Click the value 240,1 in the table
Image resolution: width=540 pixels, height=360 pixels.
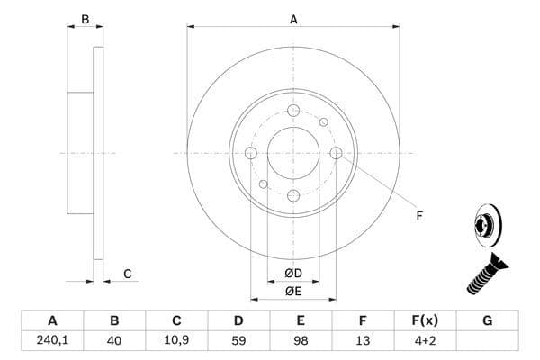52,340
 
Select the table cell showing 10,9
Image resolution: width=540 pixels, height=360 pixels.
176,340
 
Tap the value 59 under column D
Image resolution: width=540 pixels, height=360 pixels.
238,340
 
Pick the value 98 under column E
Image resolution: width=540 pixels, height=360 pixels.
301,340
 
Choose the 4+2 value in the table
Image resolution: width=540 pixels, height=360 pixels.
425,340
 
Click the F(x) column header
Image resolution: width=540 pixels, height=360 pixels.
425,320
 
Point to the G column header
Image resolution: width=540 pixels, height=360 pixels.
487,320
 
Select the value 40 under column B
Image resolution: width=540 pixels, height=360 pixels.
114,340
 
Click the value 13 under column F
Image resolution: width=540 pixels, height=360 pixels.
363,340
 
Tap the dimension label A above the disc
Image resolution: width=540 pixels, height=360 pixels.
293,19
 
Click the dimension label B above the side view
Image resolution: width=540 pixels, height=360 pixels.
85,19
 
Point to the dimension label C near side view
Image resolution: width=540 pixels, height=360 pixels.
128,274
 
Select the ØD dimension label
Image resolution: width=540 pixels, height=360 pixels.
292,274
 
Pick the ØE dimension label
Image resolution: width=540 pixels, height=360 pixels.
292,292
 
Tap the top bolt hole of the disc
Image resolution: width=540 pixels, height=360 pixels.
293,111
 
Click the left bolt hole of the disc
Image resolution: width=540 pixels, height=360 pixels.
251,153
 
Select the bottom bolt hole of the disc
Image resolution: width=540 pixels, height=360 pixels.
293,195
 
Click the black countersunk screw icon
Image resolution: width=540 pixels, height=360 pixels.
485,274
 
